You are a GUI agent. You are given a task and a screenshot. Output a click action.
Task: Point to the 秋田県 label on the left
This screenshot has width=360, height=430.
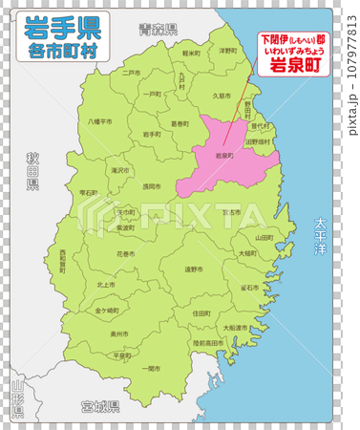click(32, 167)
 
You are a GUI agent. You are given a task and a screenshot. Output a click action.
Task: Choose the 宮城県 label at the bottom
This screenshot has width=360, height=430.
click(101, 405)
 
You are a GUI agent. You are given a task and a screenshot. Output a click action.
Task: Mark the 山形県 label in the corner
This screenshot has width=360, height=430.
click(17, 398)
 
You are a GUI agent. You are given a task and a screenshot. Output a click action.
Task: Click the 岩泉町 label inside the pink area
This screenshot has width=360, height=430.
click(224, 154)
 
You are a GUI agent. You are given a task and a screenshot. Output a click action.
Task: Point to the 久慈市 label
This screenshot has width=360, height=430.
click(222, 96)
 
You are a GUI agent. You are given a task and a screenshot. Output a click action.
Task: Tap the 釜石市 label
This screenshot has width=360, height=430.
click(249, 286)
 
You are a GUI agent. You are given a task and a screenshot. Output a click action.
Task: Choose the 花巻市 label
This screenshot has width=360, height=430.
click(125, 253)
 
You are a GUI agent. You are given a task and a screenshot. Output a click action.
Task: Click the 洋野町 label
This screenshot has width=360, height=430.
click(227, 50)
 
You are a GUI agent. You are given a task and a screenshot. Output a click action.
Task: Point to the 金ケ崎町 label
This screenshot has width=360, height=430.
click(107, 310)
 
